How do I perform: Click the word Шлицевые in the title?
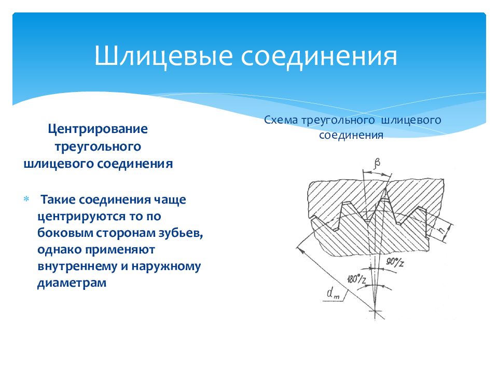pos(163,56)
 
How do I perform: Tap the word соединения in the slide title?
pos(319,56)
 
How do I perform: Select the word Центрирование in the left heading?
pos(98,129)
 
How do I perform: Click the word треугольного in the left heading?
pos(98,146)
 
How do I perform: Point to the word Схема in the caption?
pos(281,120)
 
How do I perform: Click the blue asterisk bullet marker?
pos(26,199)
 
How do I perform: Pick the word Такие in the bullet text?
pos(58,199)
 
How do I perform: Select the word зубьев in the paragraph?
pos(180,233)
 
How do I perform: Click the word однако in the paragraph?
pos(59,250)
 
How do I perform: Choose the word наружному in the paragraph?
pos(166,266)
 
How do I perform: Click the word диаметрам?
pos(72,283)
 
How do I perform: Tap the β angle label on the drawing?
pos(377,164)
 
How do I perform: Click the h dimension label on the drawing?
pos(442,230)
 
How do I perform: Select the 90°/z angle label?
pos(395,262)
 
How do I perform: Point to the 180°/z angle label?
pos(357,278)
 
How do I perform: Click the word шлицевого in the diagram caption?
pos(411,121)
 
